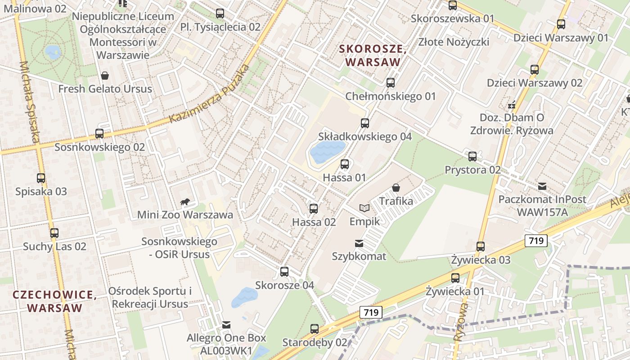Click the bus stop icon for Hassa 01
pos(345,164)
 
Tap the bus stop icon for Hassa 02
pos(314,209)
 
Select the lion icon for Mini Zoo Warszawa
pos(184,202)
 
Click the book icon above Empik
pos(364,208)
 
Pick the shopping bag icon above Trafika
pos(396,188)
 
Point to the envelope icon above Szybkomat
pos(359,243)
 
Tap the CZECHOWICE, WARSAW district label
pos(54,301)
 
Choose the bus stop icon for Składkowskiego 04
pos(365,123)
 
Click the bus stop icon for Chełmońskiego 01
pos(391,83)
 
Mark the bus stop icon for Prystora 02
pos(472,157)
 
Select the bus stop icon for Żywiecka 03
pos(481,247)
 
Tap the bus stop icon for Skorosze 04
pos(284,272)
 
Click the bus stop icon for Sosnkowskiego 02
pos(99,134)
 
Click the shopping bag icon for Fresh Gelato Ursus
pos(105,76)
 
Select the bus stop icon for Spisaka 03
pos(41,178)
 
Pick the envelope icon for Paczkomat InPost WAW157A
pos(542,186)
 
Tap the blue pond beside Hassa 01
pos(327,152)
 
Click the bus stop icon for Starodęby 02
pos(315,329)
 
